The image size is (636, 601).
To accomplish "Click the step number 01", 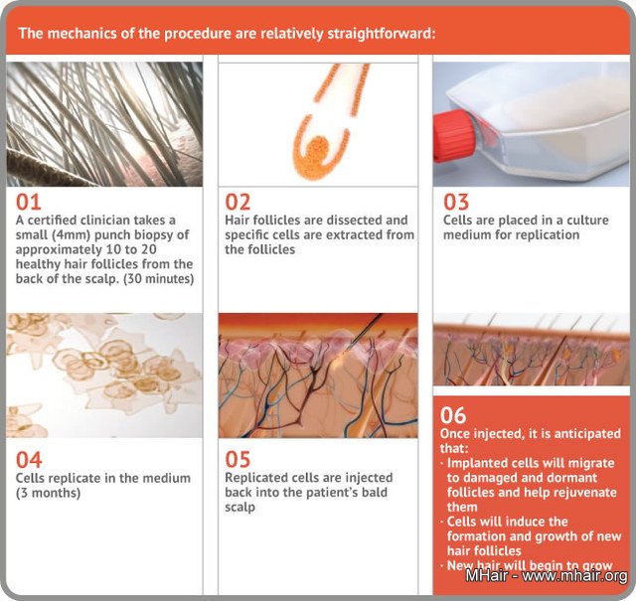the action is click(x=29, y=202).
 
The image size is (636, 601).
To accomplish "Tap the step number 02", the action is click(x=238, y=202).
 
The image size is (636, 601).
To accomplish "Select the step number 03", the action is click(x=456, y=202).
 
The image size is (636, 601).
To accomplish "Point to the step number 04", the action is click(x=29, y=460).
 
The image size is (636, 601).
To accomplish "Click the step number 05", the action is click(x=238, y=460).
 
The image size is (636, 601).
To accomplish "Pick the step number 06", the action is click(x=453, y=415).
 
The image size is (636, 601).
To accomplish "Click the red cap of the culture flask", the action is click(x=452, y=136).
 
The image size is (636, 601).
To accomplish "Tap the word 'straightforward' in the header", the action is click(x=379, y=33).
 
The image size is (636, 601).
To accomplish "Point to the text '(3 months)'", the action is click(x=48, y=493).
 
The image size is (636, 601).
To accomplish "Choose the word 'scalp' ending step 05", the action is click(x=239, y=507).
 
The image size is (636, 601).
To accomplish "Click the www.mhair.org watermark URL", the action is click(x=574, y=575).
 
